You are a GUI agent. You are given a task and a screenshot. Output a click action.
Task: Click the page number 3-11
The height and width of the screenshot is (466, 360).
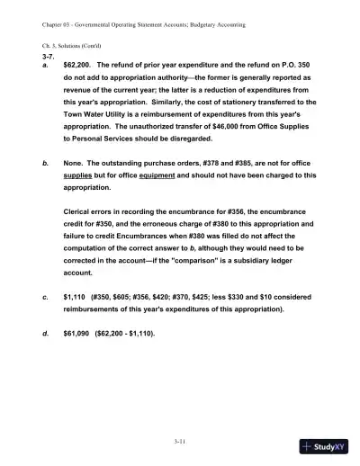(x=180, y=440)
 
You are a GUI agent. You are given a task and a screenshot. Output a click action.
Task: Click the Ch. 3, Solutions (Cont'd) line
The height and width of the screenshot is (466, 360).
(x=65, y=43)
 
